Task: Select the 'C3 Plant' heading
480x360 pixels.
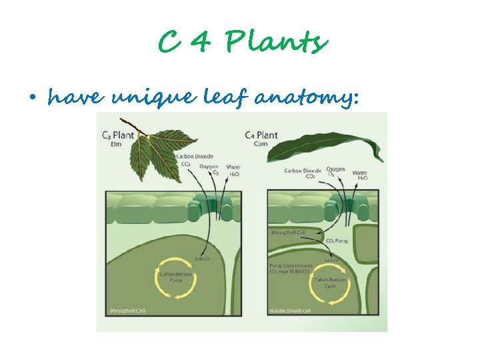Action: tap(118, 135)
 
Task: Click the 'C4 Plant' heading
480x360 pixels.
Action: tap(261, 135)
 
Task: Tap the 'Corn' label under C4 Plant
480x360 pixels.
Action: tap(252, 143)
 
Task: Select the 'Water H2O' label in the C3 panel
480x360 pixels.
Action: tap(233, 171)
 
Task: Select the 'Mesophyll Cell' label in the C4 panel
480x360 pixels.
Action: tap(287, 233)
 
